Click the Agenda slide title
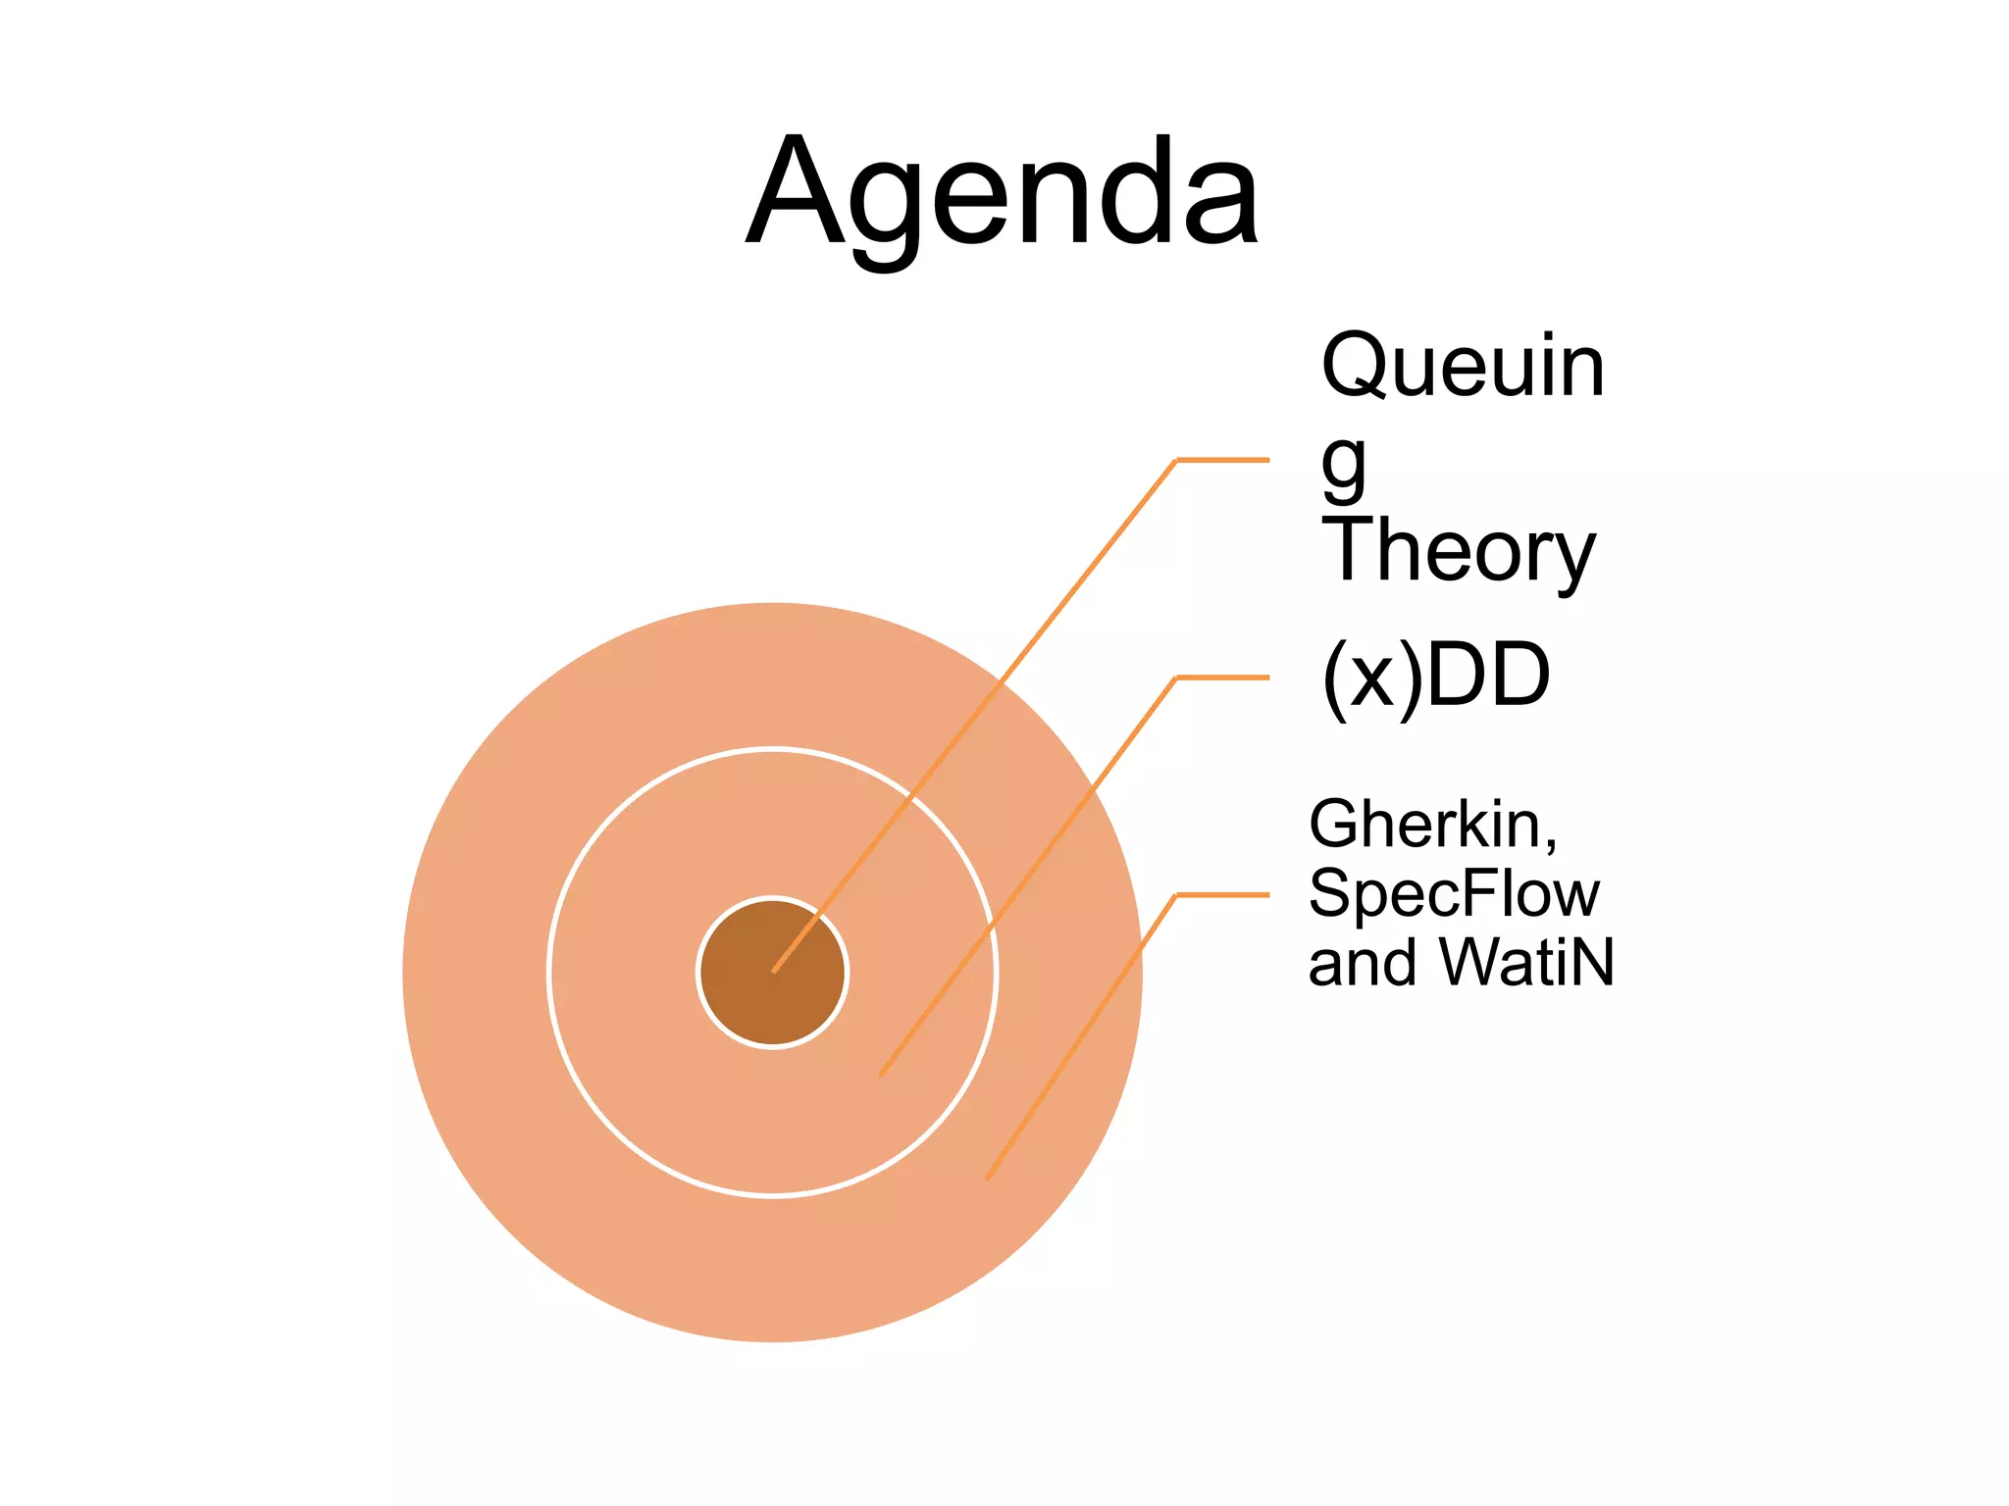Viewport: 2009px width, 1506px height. tap(1003, 192)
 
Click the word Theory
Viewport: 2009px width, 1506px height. tap(1458, 551)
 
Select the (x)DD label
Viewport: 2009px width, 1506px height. tap(1436, 677)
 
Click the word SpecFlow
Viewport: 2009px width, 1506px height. tap(1454, 894)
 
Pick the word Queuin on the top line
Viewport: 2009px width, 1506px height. tap(1463, 367)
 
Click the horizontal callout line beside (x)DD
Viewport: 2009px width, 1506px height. tap(1222, 678)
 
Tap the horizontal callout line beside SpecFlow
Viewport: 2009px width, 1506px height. tap(1222, 895)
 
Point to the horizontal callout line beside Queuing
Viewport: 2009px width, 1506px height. tap(1222, 460)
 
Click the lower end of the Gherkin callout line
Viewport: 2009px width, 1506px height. tap(988, 1177)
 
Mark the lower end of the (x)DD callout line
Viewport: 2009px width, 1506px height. tap(882, 1074)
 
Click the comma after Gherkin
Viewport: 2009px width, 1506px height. tap(1549, 843)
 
